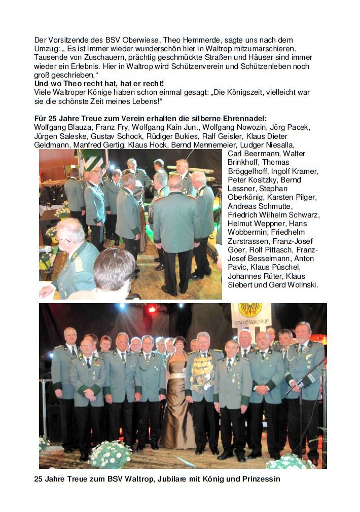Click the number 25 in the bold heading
tap(53, 119)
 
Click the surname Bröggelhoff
tap(250, 171)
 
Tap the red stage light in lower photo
tap(151, 309)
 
